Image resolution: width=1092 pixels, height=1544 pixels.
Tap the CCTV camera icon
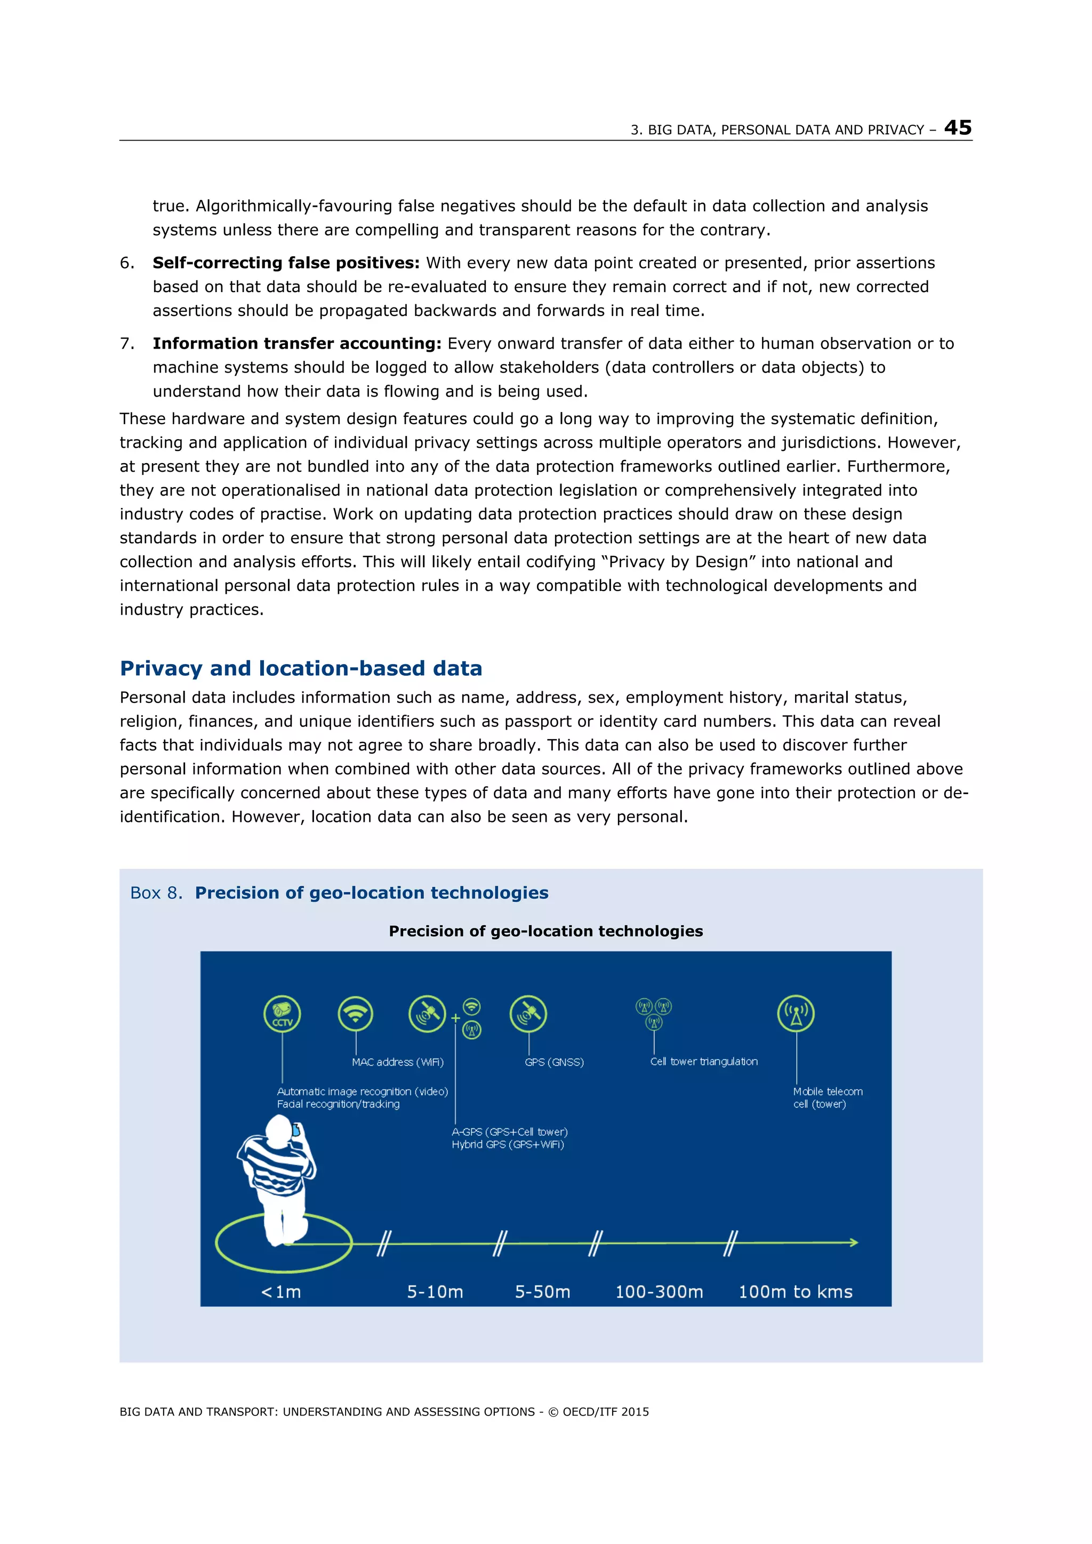(x=282, y=1013)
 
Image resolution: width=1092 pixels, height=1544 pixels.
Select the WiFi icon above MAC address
(x=355, y=1013)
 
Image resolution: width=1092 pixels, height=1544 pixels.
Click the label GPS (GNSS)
(x=554, y=1062)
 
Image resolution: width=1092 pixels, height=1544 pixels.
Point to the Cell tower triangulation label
(x=703, y=1061)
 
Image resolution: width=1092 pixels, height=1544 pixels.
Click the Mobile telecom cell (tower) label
(x=827, y=1097)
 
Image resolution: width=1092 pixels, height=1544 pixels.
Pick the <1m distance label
(x=280, y=1292)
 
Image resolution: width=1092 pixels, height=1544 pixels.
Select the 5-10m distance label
(x=435, y=1292)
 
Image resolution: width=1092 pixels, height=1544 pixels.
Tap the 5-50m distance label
(x=542, y=1292)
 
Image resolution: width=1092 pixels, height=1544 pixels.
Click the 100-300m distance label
(x=659, y=1292)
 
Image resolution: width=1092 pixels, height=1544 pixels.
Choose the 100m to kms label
(x=796, y=1292)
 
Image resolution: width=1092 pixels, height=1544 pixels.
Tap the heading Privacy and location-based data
(x=301, y=668)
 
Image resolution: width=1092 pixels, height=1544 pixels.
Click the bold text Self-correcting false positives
(x=285, y=263)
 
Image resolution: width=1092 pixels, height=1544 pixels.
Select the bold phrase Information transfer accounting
(x=296, y=344)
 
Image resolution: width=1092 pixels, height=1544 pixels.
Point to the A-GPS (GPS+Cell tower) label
(x=509, y=1132)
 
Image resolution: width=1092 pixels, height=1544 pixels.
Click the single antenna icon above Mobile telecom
(x=796, y=1013)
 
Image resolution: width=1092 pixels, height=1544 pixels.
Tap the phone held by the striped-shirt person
(x=295, y=1130)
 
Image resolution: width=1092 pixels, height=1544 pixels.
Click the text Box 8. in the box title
(x=155, y=893)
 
